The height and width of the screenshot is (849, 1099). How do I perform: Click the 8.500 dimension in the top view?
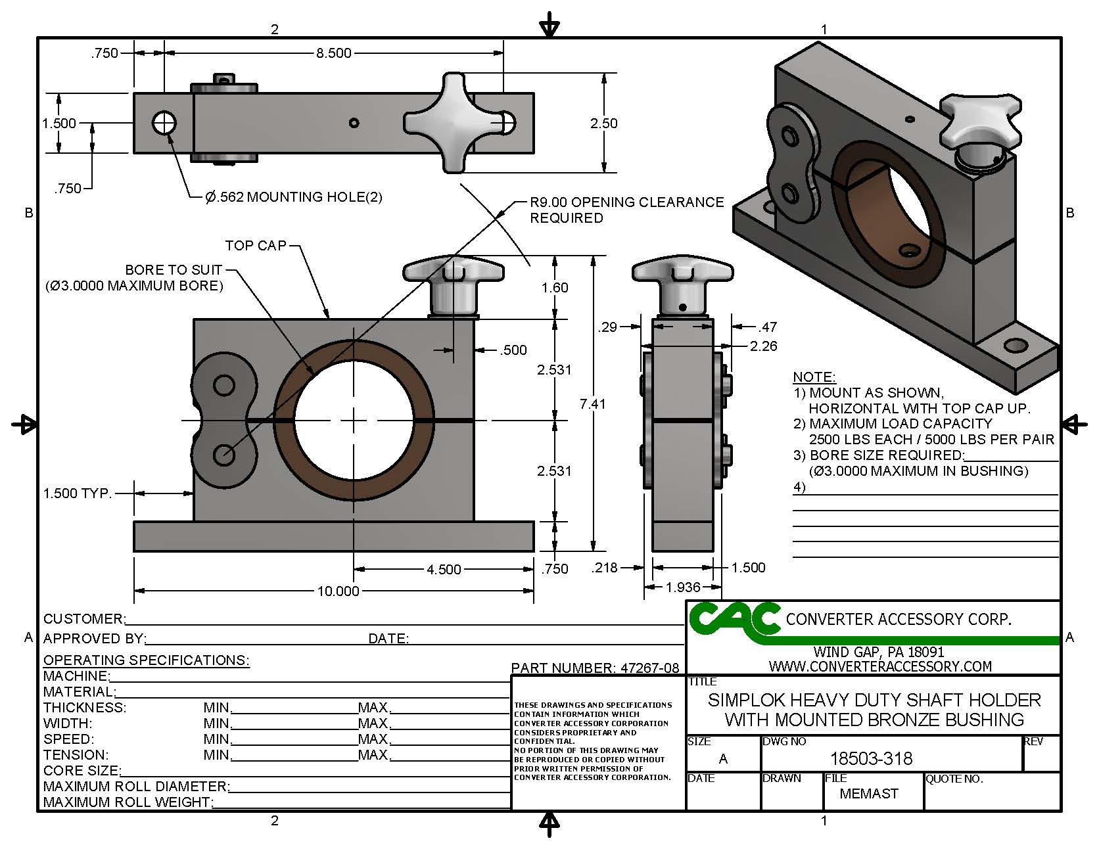(334, 53)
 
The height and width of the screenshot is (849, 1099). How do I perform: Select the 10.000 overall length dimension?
(339, 591)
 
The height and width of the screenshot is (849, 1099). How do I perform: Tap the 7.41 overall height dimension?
(593, 403)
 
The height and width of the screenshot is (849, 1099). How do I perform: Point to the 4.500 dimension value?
(444, 569)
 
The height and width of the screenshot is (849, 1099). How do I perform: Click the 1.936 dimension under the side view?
(683, 587)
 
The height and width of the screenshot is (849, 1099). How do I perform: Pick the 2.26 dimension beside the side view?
(764, 346)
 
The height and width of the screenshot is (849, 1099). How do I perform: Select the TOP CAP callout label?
(256, 246)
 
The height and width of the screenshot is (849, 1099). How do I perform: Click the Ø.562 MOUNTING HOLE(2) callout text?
(294, 196)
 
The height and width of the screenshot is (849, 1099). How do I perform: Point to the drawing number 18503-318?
(872, 759)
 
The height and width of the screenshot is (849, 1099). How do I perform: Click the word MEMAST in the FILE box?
(869, 794)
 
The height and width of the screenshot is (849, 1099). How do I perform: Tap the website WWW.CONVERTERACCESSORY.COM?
(880, 666)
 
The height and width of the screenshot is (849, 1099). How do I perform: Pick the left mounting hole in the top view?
(164, 122)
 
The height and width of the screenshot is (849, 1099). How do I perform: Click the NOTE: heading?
(814, 377)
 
